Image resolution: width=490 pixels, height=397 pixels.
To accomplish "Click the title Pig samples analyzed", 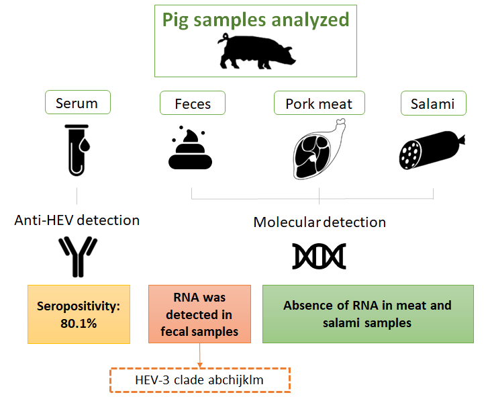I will pos(256,19).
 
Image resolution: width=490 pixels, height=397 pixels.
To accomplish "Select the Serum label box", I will pos(77,103).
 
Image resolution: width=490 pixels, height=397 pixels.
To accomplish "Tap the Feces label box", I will pos(193,103).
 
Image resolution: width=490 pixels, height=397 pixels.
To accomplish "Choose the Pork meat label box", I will pos(319,103).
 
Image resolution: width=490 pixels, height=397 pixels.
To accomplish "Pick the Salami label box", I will pos(433,103).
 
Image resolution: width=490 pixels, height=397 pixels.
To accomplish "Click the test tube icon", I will pos(77,149).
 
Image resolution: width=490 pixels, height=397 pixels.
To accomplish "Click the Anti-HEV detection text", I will pos(77,220).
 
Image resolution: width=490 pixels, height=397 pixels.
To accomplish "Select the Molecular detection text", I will pos(320,222).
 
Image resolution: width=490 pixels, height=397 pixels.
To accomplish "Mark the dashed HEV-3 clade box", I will pos(199,380).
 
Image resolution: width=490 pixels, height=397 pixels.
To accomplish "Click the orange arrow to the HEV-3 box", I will pos(199,356).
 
